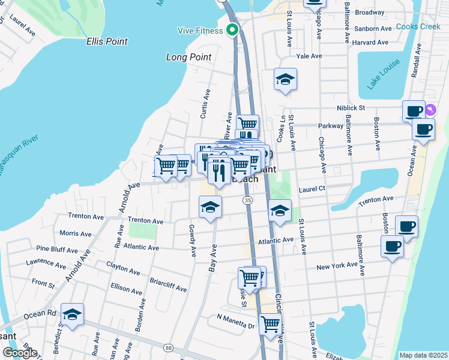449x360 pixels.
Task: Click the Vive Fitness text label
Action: click(x=200, y=31)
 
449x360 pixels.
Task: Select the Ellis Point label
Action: click(x=106, y=41)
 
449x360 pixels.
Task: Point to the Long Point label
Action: click(x=188, y=57)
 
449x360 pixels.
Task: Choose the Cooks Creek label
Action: click(x=418, y=27)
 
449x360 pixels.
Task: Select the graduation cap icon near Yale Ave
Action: click(x=285, y=80)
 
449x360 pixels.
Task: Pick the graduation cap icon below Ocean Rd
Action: click(x=72, y=314)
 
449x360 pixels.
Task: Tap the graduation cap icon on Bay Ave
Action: click(x=210, y=207)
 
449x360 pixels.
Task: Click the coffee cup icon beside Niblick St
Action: click(x=414, y=111)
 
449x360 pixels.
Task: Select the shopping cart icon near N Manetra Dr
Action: click(x=270, y=325)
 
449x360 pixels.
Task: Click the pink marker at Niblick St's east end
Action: click(x=431, y=110)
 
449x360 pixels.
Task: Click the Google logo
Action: click(x=20, y=353)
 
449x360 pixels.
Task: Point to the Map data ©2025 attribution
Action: click(x=423, y=355)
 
